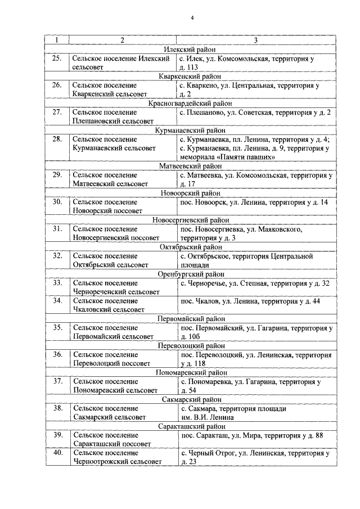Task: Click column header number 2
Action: pos(122,40)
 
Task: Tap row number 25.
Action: pos(57,58)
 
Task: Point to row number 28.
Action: pos(57,139)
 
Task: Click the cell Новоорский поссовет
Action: pos(112,206)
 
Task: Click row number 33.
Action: pos(57,283)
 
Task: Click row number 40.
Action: pos(57,453)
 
